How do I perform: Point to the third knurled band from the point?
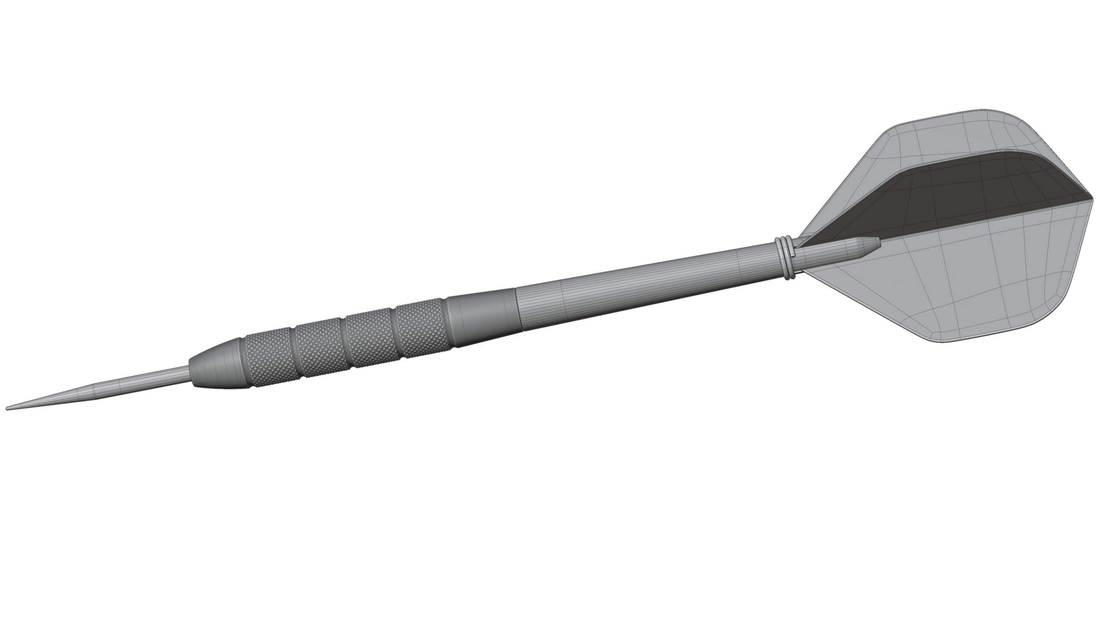370,333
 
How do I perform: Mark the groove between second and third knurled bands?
345,340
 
